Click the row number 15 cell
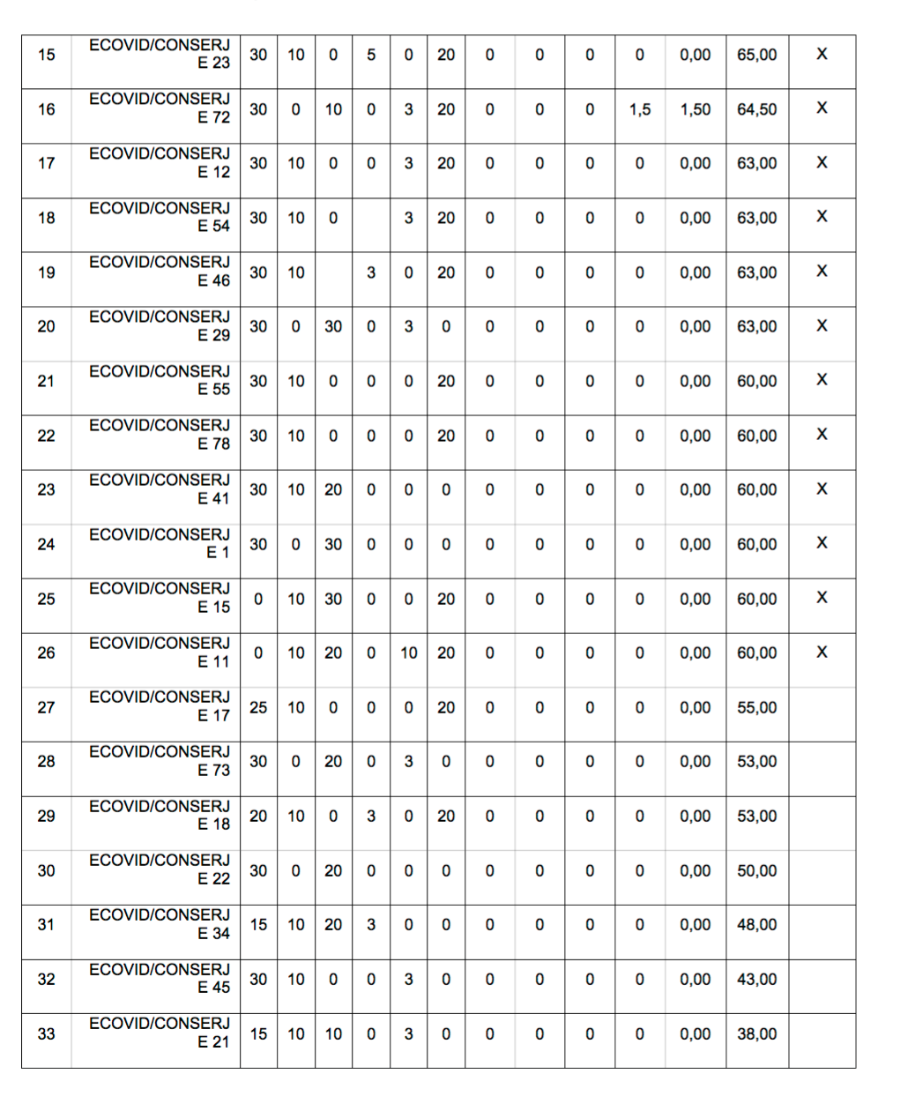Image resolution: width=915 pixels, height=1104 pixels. (46, 55)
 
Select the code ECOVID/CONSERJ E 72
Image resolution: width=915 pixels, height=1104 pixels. (160, 108)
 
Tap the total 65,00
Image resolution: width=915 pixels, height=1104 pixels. (757, 55)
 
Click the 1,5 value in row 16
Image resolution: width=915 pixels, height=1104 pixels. (640, 109)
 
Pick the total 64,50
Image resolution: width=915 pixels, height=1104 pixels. (757, 109)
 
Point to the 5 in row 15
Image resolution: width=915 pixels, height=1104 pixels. (371, 55)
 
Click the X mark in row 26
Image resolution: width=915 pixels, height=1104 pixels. (822, 653)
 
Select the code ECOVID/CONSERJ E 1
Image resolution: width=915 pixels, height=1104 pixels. (160, 543)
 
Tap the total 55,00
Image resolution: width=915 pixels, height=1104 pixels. (757, 707)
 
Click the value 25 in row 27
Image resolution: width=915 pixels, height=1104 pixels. (258, 707)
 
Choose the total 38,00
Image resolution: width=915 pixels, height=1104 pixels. (757, 1033)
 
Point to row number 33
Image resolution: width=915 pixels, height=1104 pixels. (46, 1033)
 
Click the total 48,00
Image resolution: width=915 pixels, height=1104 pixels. (757, 925)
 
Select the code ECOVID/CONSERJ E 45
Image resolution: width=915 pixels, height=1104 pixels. (160, 978)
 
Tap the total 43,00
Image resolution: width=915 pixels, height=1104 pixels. (757, 979)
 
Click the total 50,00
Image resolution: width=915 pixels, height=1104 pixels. (757, 870)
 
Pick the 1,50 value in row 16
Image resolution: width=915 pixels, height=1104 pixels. (695, 109)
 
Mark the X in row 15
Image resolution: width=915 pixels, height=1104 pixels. (822, 55)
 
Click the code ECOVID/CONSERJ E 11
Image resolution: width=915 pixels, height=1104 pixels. (160, 652)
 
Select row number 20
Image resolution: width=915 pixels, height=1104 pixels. (46, 326)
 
